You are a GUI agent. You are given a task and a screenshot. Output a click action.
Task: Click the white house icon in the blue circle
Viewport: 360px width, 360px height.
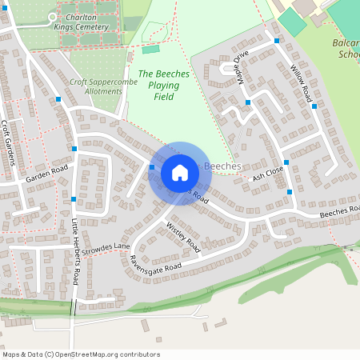click(179, 173)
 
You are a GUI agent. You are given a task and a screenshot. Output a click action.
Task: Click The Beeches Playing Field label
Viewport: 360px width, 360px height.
click(164, 85)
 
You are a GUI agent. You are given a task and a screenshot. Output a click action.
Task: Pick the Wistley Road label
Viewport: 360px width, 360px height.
click(183, 238)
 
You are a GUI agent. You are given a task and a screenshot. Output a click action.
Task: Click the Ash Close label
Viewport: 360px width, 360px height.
click(267, 174)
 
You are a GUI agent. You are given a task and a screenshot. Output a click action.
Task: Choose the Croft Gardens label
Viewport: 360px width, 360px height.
click(9, 142)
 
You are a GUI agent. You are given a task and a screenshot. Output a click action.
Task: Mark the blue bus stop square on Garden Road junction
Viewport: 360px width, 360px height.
click(74, 149)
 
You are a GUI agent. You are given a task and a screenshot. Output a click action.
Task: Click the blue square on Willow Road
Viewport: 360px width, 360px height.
click(314, 106)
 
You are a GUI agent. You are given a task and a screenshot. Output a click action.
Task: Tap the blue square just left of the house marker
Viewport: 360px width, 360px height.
click(152, 167)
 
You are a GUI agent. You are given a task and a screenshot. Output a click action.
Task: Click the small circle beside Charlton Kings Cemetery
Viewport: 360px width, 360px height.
click(52, 16)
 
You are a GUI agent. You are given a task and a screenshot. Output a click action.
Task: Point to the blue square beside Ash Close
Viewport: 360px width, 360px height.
click(286, 162)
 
